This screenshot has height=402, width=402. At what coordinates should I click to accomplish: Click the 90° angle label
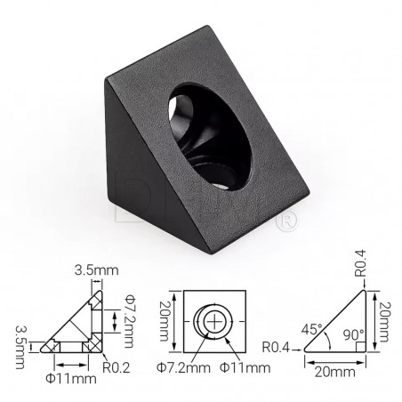354,338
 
